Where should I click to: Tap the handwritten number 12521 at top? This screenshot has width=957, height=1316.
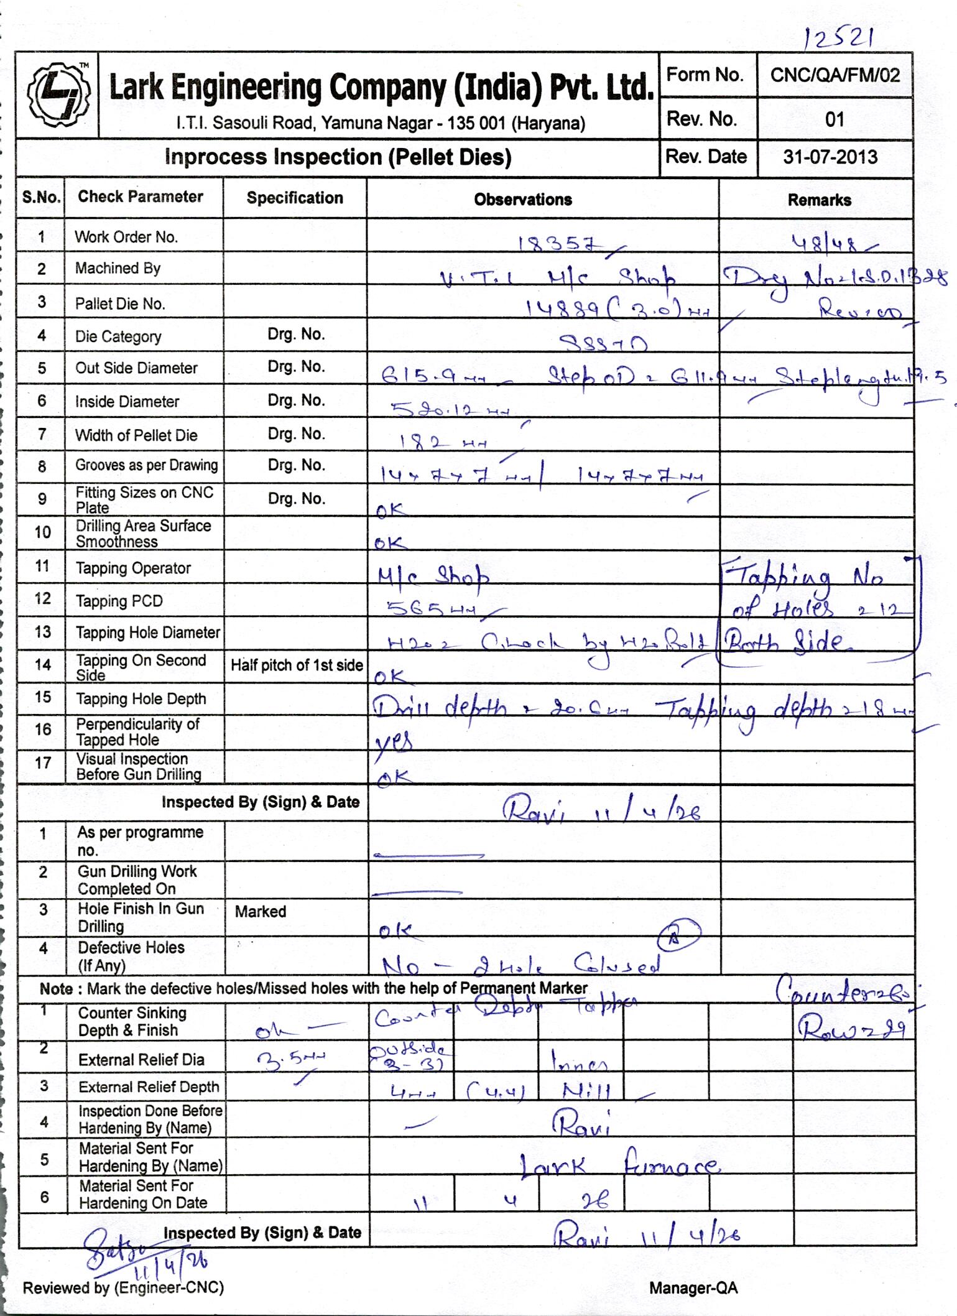point(839,39)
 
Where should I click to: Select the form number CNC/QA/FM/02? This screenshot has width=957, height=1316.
point(834,75)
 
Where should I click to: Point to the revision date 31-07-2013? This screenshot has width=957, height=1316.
point(830,157)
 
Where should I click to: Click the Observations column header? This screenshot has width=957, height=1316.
point(522,200)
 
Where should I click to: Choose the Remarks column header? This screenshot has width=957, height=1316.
point(819,200)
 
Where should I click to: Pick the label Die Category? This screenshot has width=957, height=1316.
point(118,336)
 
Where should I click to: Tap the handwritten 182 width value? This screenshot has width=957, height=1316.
point(441,442)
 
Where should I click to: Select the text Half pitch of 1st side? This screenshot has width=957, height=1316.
point(297,665)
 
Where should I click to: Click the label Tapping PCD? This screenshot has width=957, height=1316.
point(119,601)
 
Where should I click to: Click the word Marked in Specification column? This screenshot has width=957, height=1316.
point(261,911)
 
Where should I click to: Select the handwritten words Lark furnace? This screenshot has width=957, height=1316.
point(618,1165)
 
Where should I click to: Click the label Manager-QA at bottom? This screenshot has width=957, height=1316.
point(693,1288)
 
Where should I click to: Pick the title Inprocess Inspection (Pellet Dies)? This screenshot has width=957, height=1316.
point(338,157)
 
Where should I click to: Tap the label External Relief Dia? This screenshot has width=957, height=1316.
point(141,1060)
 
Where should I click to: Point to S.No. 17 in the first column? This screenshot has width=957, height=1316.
point(42,762)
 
